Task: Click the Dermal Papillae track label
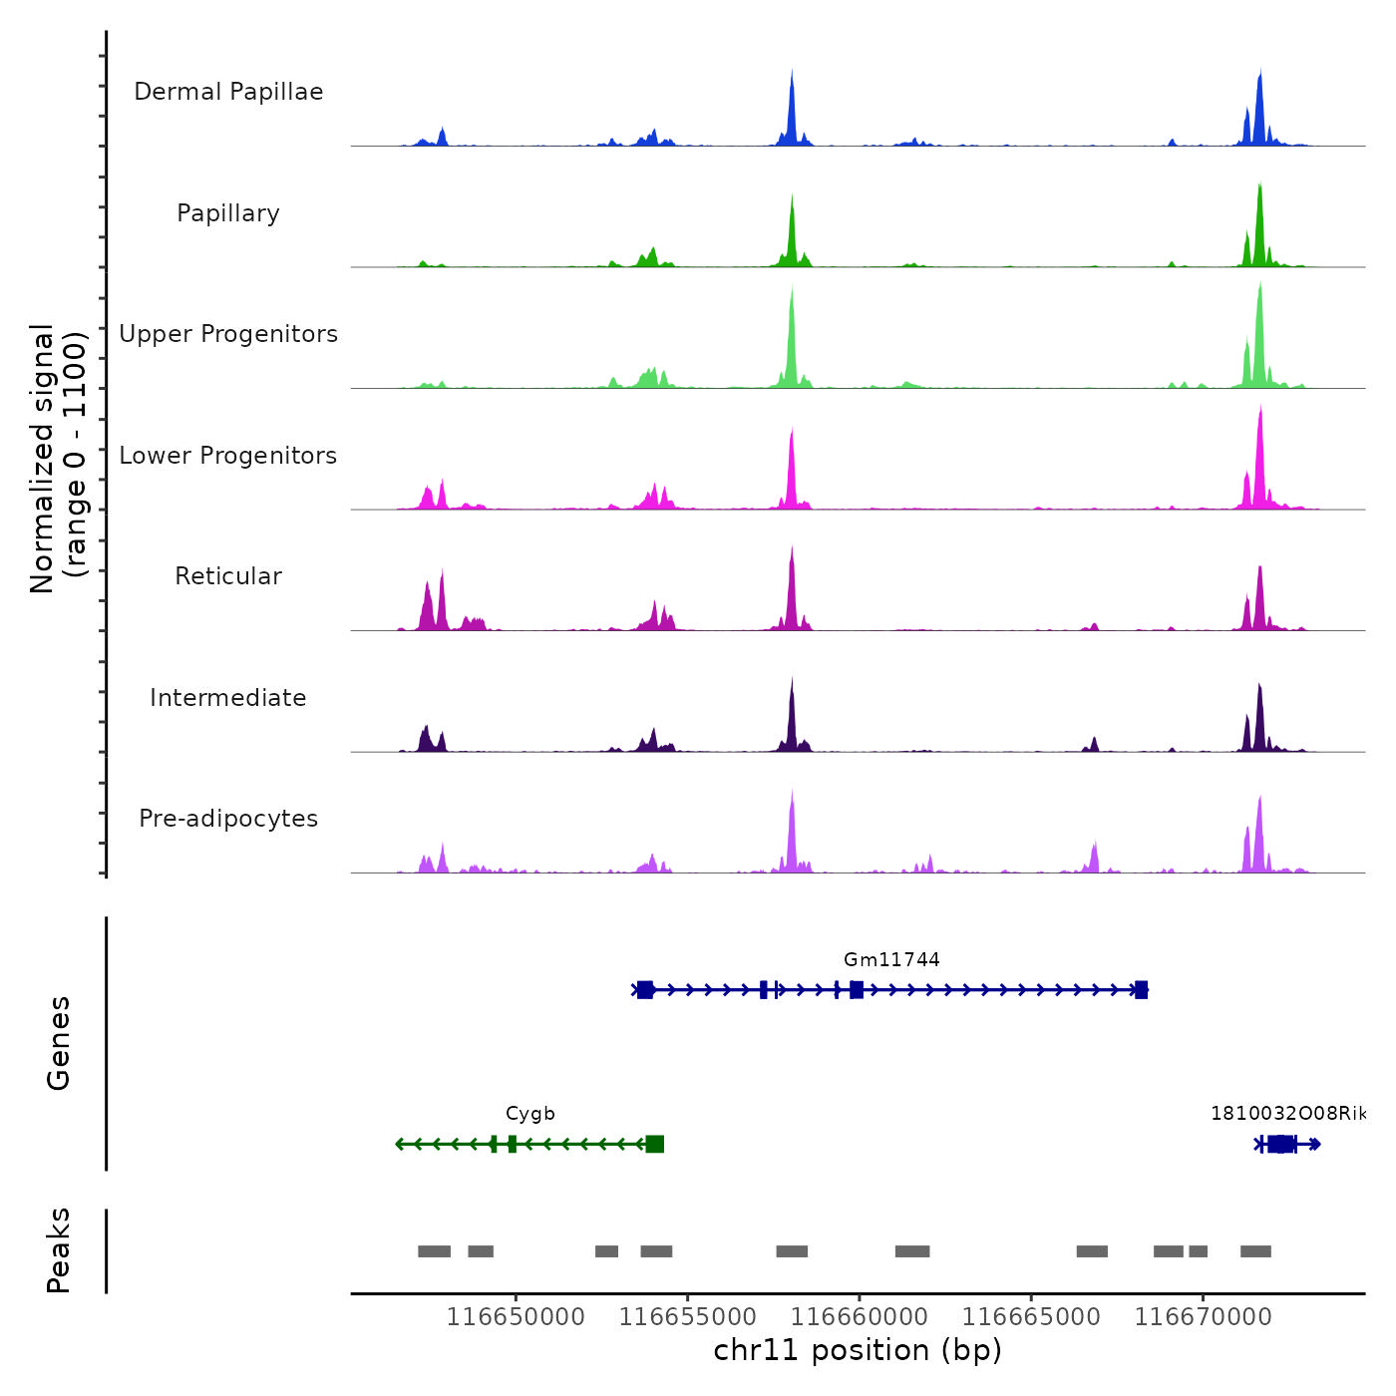[x=228, y=92]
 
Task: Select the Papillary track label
[x=228, y=213]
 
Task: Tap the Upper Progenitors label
[x=228, y=334]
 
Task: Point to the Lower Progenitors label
[x=228, y=456]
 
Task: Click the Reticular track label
[x=228, y=576]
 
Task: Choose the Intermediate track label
[x=228, y=698]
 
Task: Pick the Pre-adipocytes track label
[x=228, y=819]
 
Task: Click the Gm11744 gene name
[x=891, y=960]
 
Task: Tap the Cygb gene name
[x=529, y=1114]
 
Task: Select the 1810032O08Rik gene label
[x=1287, y=1114]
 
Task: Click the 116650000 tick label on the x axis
[x=516, y=1317]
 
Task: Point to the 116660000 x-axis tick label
[x=860, y=1317]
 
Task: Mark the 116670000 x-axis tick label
[x=1204, y=1317]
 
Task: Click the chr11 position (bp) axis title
[x=858, y=1351]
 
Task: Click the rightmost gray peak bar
[x=1255, y=1251]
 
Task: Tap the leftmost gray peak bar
[x=434, y=1251]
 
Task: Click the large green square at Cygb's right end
[x=654, y=1144]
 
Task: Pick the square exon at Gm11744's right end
[x=1141, y=990]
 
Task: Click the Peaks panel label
[x=59, y=1250]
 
